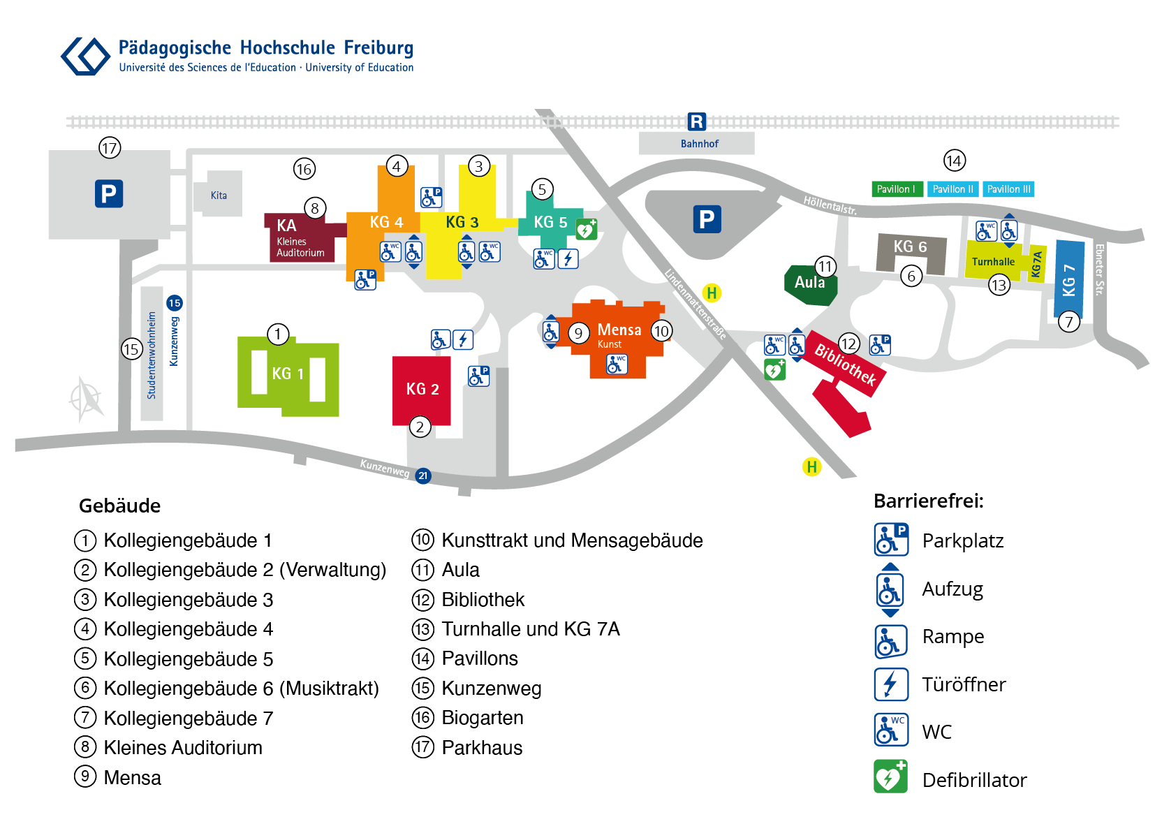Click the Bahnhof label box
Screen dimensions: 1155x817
click(x=696, y=143)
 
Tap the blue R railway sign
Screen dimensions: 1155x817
click(x=697, y=122)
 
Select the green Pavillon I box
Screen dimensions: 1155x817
click(x=896, y=189)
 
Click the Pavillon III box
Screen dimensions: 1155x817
click(x=1008, y=189)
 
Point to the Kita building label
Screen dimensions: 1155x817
click(x=219, y=196)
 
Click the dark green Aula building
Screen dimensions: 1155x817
click(x=809, y=284)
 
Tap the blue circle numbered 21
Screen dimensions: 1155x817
click(x=422, y=476)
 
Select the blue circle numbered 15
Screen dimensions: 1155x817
click(x=175, y=302)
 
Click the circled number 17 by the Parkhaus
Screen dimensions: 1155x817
click(x=110, y=148)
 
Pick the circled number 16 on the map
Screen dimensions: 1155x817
click(x=304, y=168)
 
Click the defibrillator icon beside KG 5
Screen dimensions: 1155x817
click(x=587, y=229)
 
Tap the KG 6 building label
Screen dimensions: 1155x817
click(x=910, y=246)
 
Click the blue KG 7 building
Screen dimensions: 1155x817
click(x=1069, y=279)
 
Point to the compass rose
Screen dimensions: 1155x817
click(x=86, y=399)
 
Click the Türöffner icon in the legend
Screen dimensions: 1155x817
click(x=891, y=684)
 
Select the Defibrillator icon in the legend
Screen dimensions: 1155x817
click(x=891, y=776)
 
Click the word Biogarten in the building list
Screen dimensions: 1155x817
click(x=482, y=718)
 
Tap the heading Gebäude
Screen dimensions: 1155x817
click(x=119, y=506)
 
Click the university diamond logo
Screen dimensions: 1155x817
click(x=85, y=56)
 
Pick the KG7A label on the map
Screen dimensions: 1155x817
click(x=1037, y=264)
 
